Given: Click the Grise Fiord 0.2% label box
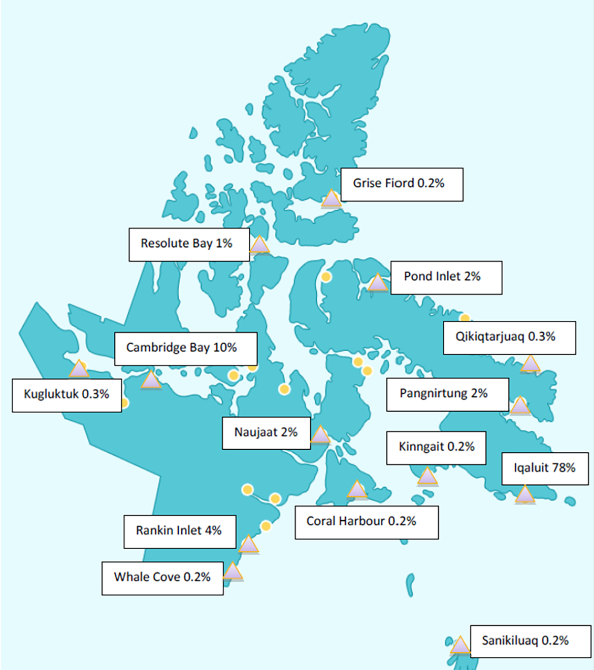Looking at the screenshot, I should (x=401, y=184).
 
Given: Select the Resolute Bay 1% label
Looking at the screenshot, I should (x=189, y=245).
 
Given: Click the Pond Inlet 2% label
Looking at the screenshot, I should (x=446, y=278).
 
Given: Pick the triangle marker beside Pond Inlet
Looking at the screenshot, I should (x=377, y=283).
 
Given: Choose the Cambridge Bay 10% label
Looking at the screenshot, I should (x=185, y=349).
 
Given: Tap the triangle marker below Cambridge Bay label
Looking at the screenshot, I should (x=151, y=380).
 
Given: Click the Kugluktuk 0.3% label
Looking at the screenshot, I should (x=67, y=395).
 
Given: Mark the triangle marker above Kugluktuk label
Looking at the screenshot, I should (x=79, y=370).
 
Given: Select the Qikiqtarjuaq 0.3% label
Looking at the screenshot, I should (x=509, y=338).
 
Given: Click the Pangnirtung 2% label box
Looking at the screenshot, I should (x=447, y=394).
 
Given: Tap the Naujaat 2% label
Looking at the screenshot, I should (x=266, y=433).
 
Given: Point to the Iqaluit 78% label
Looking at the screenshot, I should (x=545, y=468).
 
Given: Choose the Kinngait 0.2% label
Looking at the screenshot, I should (x=436, y=448).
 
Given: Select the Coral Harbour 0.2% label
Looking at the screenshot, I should (x=366, y=522).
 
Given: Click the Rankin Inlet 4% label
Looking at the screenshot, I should (x=179, y=531).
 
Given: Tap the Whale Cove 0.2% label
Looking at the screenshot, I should (x=162, y=578).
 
